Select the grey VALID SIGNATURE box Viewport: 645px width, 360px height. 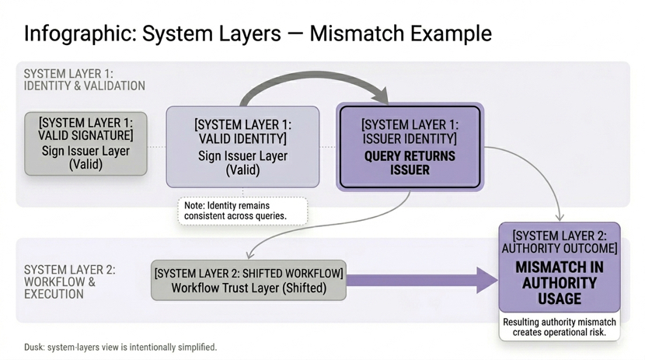(x=85, y=143)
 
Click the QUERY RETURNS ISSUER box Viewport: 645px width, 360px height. (x=410, y=147)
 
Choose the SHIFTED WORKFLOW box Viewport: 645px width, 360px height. (x=249, y=281)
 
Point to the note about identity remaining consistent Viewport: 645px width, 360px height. (x=242, y=210)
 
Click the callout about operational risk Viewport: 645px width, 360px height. (x=560, y=327)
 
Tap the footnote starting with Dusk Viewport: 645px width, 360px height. (x=120, y=347)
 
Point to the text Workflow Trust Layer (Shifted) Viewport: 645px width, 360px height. (x=249, y=288)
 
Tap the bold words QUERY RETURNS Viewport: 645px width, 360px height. (x=410, y=156)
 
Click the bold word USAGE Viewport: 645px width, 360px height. (x=559, y=299)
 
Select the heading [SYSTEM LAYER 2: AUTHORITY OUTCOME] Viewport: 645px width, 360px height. (x=559, y=242)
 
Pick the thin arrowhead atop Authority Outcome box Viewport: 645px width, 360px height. (x=561, y=218)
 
